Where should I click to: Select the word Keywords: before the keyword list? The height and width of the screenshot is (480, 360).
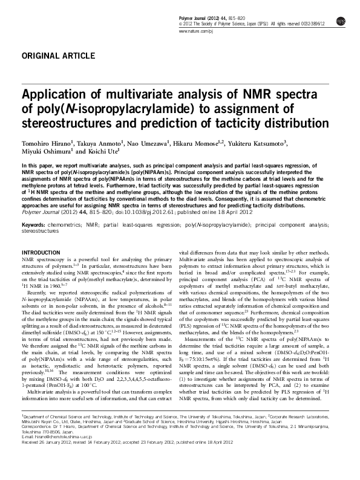click(33, 225)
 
